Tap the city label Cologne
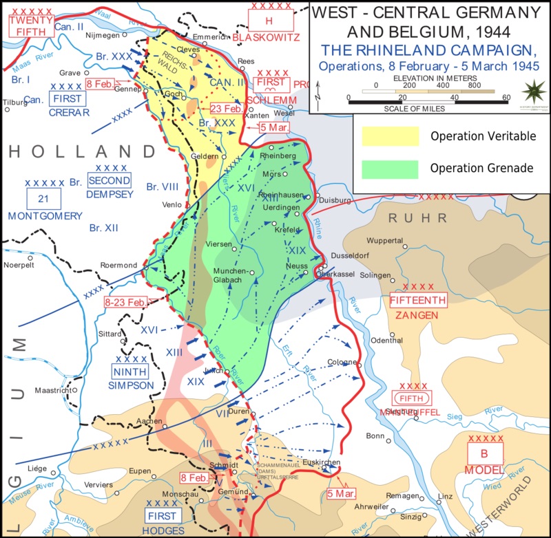pyautogui.click(x=342, y=362)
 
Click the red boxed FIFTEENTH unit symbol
pyautogui.click(x=418, y=300)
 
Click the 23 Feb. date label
pyautogui.click(x=227, y=109)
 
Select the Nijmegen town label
pyautogui.click(x=101, y=35)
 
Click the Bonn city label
pyautogui.click(x=375, y=435)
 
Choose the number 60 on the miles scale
pyautogui.click(x=506, y=97)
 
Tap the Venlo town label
pyautogui.click(x=171, y=204)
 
